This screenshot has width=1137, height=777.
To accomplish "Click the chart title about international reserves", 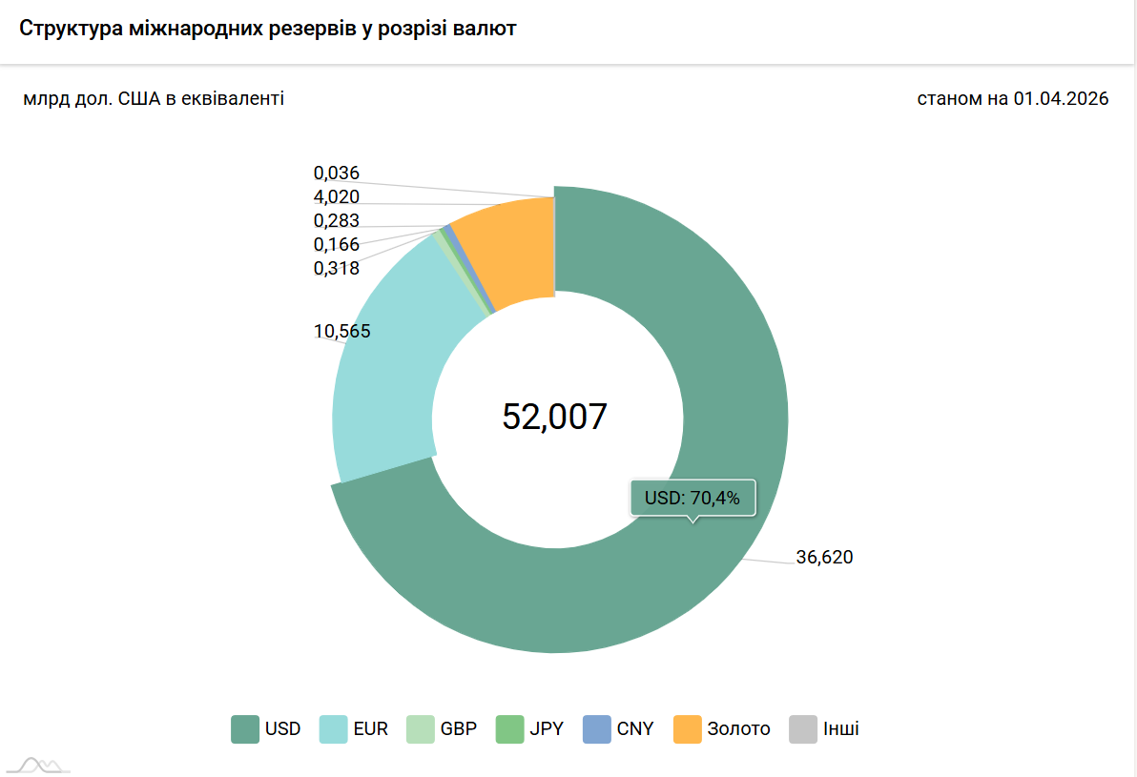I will [268, 29].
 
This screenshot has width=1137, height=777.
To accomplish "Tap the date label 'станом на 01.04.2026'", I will [1012, 98].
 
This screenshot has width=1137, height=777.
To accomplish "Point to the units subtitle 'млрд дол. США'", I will [154, 98].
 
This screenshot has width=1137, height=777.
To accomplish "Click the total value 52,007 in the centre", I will [554, 417].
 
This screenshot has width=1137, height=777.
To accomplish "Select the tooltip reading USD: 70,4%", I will [693, 498].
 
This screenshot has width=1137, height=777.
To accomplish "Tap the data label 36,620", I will [824, 557].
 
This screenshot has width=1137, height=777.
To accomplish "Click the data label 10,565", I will [341, 332].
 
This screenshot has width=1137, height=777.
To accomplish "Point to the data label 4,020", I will [337, 197].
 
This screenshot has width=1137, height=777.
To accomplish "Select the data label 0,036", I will [337, 174].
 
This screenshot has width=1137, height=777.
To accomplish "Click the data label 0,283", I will [337, 221].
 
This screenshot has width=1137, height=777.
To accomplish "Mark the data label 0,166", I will [337, 244].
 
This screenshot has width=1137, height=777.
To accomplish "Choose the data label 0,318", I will [337, 268].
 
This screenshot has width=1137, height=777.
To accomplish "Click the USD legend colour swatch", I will [245, 729].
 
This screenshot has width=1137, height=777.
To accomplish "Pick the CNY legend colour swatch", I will [597, 729].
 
